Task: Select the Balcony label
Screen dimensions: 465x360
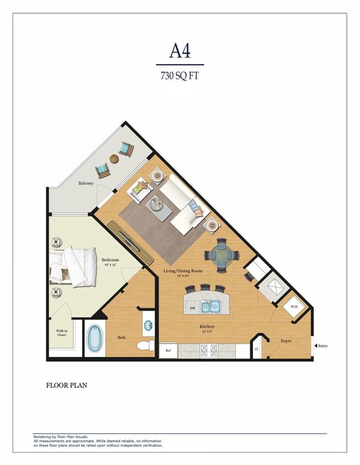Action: point(85,183)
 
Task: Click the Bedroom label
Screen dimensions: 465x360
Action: point(110,260)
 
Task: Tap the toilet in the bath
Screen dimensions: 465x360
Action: point(144,346)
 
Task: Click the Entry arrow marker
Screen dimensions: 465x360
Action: point(316,346)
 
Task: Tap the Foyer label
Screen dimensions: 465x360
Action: point(286,341)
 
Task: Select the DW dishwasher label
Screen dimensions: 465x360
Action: point(192,309)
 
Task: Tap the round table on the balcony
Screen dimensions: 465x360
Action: point(114,159)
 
